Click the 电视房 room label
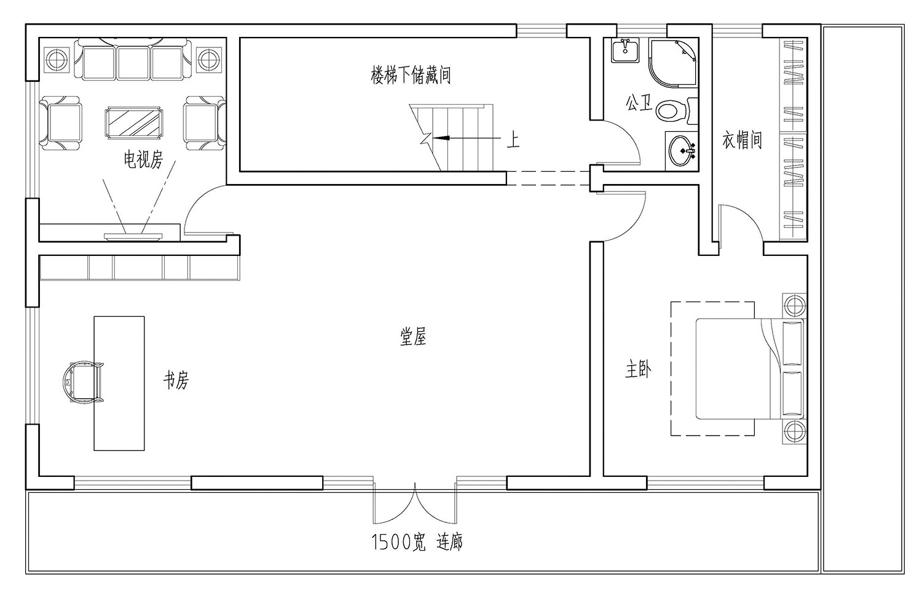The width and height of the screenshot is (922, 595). click(x=143, y=161)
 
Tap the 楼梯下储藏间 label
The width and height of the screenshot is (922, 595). click(x=411, y=76)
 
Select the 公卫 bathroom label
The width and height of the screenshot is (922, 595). click(x=639, y=103)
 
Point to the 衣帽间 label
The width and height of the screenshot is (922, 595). click(x=742, y=140)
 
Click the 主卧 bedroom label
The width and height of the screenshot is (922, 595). click(x=639, y=369)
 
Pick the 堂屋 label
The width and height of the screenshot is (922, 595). click(x=413, y=337)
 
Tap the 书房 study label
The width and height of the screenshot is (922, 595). click(x=176, y=380)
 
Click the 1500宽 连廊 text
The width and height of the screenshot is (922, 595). click(x=417, y=542)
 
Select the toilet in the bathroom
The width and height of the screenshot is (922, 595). click(x=673, y=111)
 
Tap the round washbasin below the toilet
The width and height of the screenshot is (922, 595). click(x=682, y=150)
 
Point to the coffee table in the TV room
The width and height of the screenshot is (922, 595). click(x=134, y=122)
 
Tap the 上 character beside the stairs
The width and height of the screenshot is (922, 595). click(x=513, y=140)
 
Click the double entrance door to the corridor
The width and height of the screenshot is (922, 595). click(x=415, y=501)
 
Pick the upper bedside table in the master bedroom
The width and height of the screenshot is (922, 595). click(x=793, y=305)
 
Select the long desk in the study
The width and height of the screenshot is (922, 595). click(x=119, y=383)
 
